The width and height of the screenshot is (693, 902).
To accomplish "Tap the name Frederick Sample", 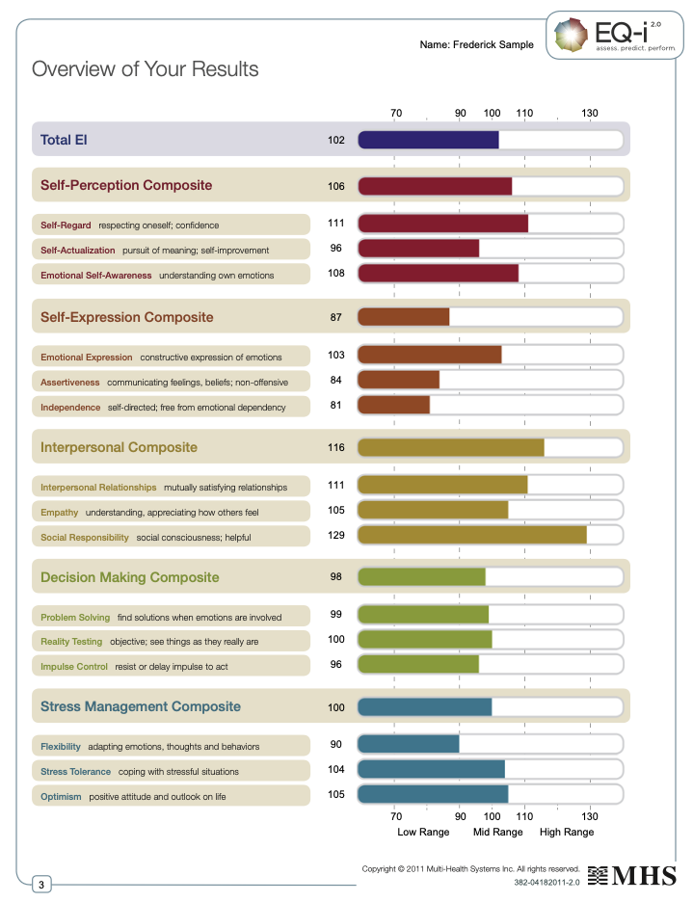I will click(476, 45).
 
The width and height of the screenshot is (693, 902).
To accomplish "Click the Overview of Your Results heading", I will click(146, 69).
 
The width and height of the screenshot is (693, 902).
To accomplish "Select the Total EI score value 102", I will click(336, 141).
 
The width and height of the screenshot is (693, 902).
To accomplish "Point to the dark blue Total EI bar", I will click(428, 140).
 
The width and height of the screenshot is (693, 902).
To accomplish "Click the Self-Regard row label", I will click(66, 225).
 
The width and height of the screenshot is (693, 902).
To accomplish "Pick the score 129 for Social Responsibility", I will click(336, 533).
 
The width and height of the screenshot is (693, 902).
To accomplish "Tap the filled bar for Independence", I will click(394, 406).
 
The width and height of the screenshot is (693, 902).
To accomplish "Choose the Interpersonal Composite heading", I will click(119, 447).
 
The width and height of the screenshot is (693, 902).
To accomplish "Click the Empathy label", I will click(60, 512).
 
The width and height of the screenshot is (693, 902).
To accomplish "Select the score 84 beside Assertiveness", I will click(336, 381).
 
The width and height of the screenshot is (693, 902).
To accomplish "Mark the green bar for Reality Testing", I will click(425, 639).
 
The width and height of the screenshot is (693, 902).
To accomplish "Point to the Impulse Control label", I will click(74, 666).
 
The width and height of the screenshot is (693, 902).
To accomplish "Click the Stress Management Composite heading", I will click(141, 706).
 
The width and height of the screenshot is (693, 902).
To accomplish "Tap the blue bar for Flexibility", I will click(409, 744).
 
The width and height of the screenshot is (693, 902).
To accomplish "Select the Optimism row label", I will click(62, 797).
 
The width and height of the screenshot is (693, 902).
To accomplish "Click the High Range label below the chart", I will click(567, 832).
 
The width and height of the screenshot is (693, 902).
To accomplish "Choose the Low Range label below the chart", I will click(423, 832).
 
